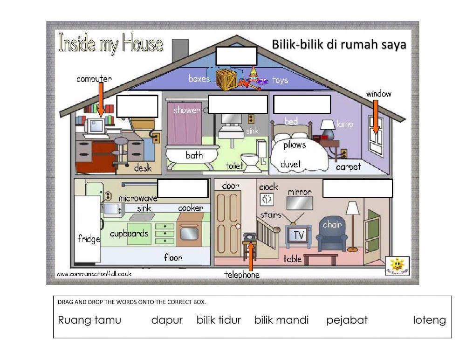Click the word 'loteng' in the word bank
tap(429, 320)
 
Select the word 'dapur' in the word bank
tap(167, 320)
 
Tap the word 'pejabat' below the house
tap(347, 320)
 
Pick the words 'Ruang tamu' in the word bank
tap(89, 320)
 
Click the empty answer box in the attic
tap(236, 56)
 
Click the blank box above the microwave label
tap(183, 188)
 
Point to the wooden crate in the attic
tap(226, 79)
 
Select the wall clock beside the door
tap(267, 199)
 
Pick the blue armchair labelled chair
tap(332, 235)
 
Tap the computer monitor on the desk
tap(96, 125)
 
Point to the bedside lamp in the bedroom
tap(328, 128)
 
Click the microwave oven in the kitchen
tap(112, 209)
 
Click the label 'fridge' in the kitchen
tap(89, 239)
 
